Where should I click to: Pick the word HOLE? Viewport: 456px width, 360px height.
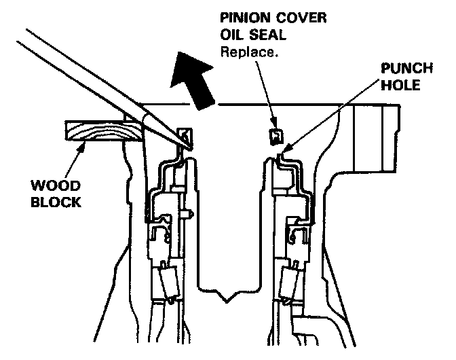402,87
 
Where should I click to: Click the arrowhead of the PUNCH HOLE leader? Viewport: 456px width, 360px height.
286,147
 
